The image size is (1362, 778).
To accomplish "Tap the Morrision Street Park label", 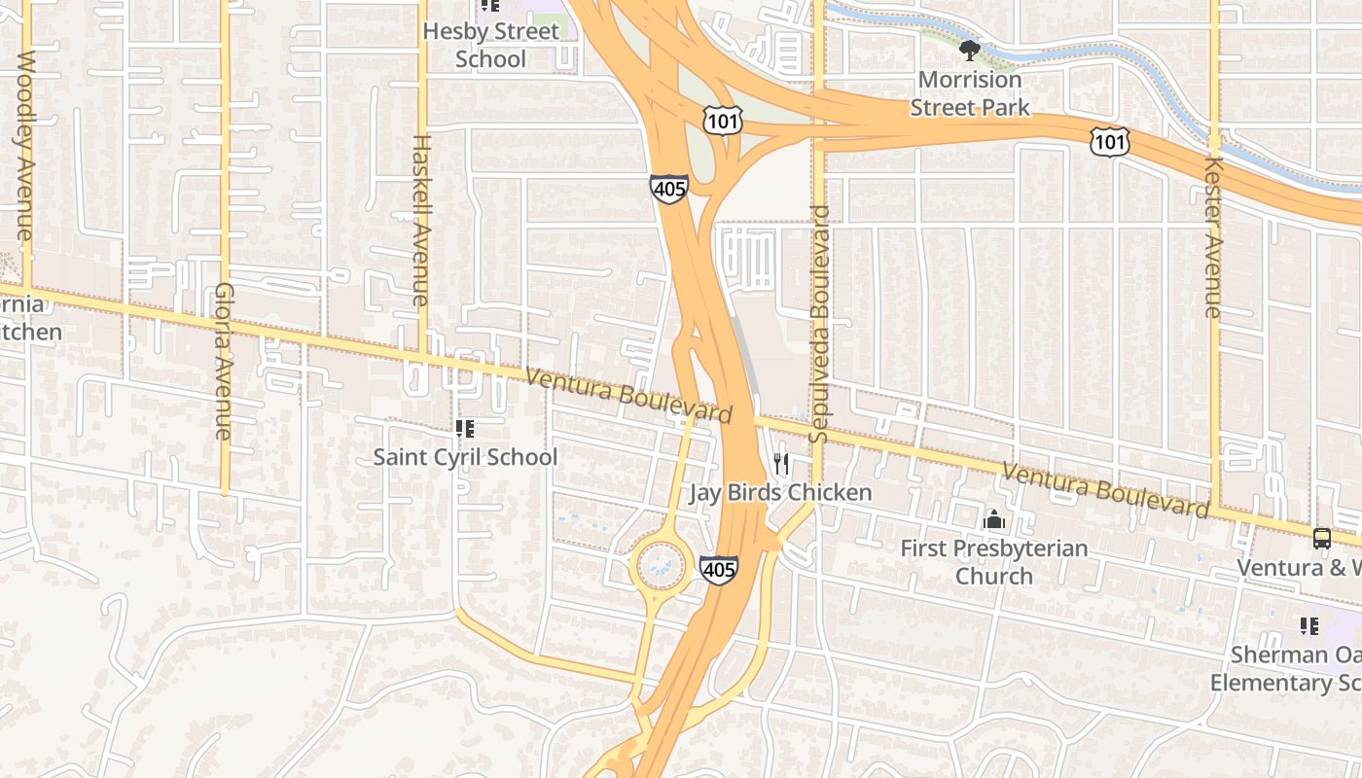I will pos(969,93).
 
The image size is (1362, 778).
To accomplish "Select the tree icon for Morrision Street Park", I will pos(968,50).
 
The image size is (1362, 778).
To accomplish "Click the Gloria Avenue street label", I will pos(224,361).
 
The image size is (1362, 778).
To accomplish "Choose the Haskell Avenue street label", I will pos(420,220).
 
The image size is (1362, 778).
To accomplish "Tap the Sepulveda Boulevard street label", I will pos(819,324).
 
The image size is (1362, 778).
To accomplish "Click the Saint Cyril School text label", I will pos(465,457).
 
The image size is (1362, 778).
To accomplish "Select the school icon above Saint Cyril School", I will pos(464,428).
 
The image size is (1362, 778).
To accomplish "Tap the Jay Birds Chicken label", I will pos(781,493).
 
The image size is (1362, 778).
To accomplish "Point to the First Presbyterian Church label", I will pos(993,562).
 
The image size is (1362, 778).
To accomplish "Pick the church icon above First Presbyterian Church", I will pos(993,520).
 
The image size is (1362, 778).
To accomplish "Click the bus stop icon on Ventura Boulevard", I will pos(1321,538).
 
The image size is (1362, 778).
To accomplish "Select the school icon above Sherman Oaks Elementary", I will pos(1308,626).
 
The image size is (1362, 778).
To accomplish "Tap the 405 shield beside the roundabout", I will pos(718,569).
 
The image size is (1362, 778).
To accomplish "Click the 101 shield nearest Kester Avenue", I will pos(1109,141).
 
